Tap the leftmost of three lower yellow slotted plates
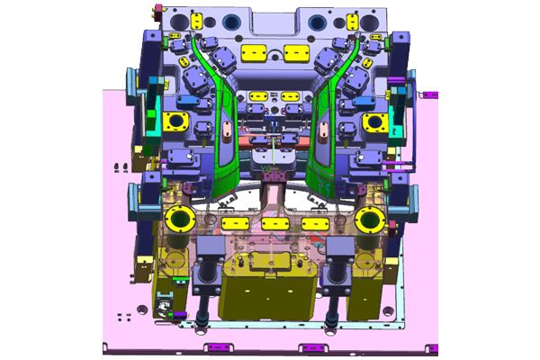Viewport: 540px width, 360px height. (x=236, y=222)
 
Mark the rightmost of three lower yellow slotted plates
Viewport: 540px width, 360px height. (x=313, y=222)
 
